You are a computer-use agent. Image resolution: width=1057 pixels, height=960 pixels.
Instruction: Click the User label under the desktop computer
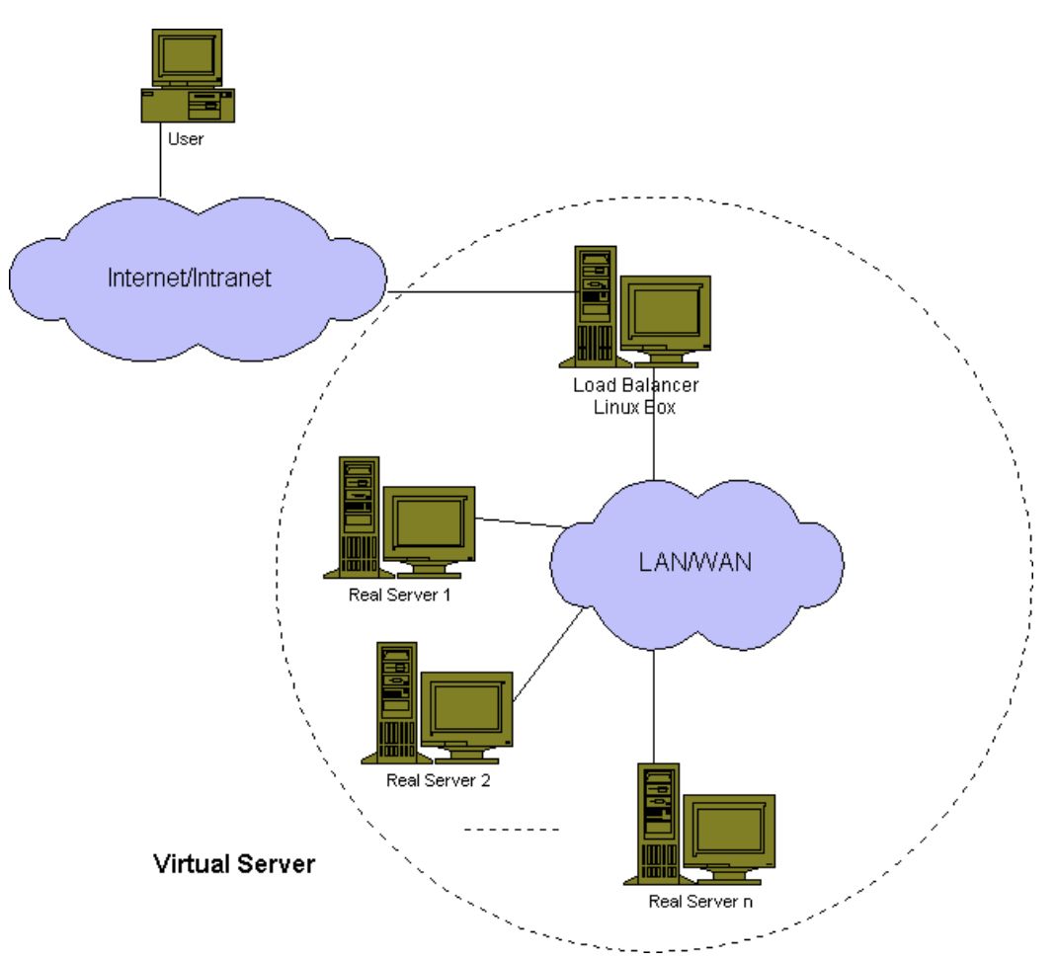click(x=186, y=139)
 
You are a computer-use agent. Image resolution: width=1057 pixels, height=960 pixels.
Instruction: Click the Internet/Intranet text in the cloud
click(x=190, y=278)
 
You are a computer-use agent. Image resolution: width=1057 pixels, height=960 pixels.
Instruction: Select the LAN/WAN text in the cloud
click(x=695, y=562)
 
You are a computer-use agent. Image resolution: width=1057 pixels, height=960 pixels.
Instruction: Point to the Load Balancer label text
click(x=636, y=385)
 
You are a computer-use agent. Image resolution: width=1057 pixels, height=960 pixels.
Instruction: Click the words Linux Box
click(x=634, y=407)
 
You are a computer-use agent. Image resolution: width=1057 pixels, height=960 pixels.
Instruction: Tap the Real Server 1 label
click(x=399, y=595)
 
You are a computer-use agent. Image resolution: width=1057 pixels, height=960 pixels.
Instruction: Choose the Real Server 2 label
click(x=439, y=780)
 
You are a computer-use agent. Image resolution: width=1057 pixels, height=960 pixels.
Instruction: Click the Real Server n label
click(x=700, y=902)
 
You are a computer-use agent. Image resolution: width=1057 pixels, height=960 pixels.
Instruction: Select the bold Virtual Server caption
click(x=234, y=863)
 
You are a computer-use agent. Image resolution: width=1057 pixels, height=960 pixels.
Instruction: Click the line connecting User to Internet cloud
click(x=160, y=160)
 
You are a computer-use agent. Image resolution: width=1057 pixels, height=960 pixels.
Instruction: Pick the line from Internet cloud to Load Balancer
click(x=481, y=292)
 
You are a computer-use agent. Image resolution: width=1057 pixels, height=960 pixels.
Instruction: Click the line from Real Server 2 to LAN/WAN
click(x=548, y=654)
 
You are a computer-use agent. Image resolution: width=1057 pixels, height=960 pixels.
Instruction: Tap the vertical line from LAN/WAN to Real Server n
click(x=653, y=706)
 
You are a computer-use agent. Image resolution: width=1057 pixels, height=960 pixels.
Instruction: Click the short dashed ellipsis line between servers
click(x=512, y=830)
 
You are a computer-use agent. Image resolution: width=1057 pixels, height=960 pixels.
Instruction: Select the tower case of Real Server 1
click(x=359, y=518)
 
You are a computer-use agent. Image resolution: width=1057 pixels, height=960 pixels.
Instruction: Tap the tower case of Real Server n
click(x=658, y=823)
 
